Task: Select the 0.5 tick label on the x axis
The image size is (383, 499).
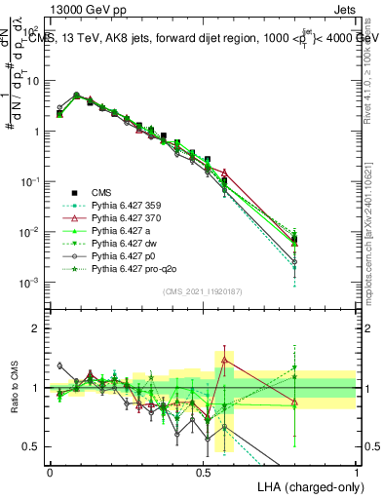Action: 203,472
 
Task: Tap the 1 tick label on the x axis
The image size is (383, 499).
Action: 356,472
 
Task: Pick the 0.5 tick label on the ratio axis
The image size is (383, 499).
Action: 33,446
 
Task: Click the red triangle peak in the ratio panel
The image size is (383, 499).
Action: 225,360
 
